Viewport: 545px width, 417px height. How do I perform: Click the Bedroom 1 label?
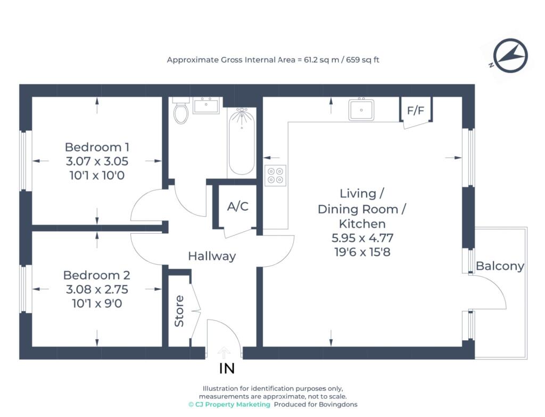click(x=97, y=147)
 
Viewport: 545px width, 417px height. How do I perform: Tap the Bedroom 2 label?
click(x=97, y=275)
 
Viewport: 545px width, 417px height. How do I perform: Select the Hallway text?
click(x=212, y=256)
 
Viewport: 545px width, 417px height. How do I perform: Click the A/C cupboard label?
click(x=238, y=207)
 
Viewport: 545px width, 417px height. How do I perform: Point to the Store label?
click(x=179, y=311)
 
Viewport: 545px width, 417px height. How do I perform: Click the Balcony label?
click(x=500, y=266)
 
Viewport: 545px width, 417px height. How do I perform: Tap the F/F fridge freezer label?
click(x=416, y=111)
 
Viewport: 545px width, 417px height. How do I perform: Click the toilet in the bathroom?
click(x=181, y=110)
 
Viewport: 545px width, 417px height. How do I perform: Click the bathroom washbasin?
click(x=206, y=105)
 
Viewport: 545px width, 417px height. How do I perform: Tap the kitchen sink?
click(x=361, y=109)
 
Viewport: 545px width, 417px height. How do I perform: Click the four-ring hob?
click(x=275, y=175)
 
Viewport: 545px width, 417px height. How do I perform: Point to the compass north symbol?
click(x=510, y=55)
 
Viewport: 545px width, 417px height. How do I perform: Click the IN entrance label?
click(x=227, y=369)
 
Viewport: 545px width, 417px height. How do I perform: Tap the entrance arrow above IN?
click(x=224, y=353)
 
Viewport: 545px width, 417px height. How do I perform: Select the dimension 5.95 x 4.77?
click(x=362, y=238)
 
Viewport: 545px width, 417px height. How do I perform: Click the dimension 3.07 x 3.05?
click(x=97, y=161)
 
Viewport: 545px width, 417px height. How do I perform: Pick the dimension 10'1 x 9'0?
click(x=97, y=304)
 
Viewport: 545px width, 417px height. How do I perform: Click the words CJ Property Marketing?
click(x=233, y=404)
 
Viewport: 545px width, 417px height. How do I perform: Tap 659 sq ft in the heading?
click(x=362, y=60)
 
